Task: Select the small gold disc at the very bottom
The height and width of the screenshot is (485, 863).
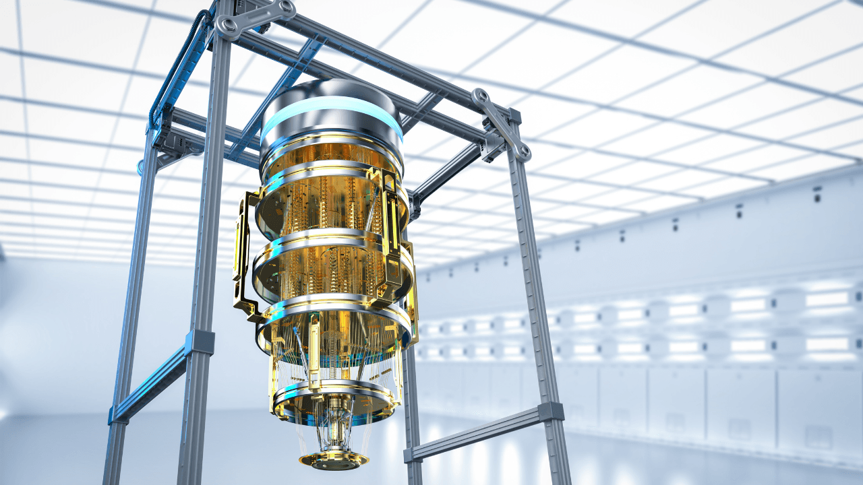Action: (334, 460)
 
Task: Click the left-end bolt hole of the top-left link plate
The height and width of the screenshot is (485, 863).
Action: (229, 25)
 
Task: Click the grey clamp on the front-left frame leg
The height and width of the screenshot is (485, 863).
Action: (200, 342)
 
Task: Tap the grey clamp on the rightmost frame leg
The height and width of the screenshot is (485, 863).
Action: (550, 412)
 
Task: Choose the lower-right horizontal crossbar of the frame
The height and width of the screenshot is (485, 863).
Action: (472, 434)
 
